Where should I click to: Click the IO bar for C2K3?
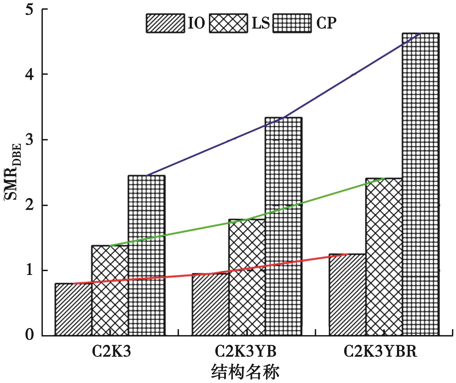73,309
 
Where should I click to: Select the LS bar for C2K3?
110,290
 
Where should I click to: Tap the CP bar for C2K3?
147,256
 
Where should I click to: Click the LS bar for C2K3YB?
247,277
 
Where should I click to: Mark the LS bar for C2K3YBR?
384,257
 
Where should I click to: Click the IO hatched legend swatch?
165,23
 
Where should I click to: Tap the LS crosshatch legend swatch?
228,23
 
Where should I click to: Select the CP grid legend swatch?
292,23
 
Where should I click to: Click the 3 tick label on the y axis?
30,140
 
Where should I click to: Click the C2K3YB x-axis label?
246,352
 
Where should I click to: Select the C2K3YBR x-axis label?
380,352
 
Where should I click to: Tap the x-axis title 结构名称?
245,372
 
